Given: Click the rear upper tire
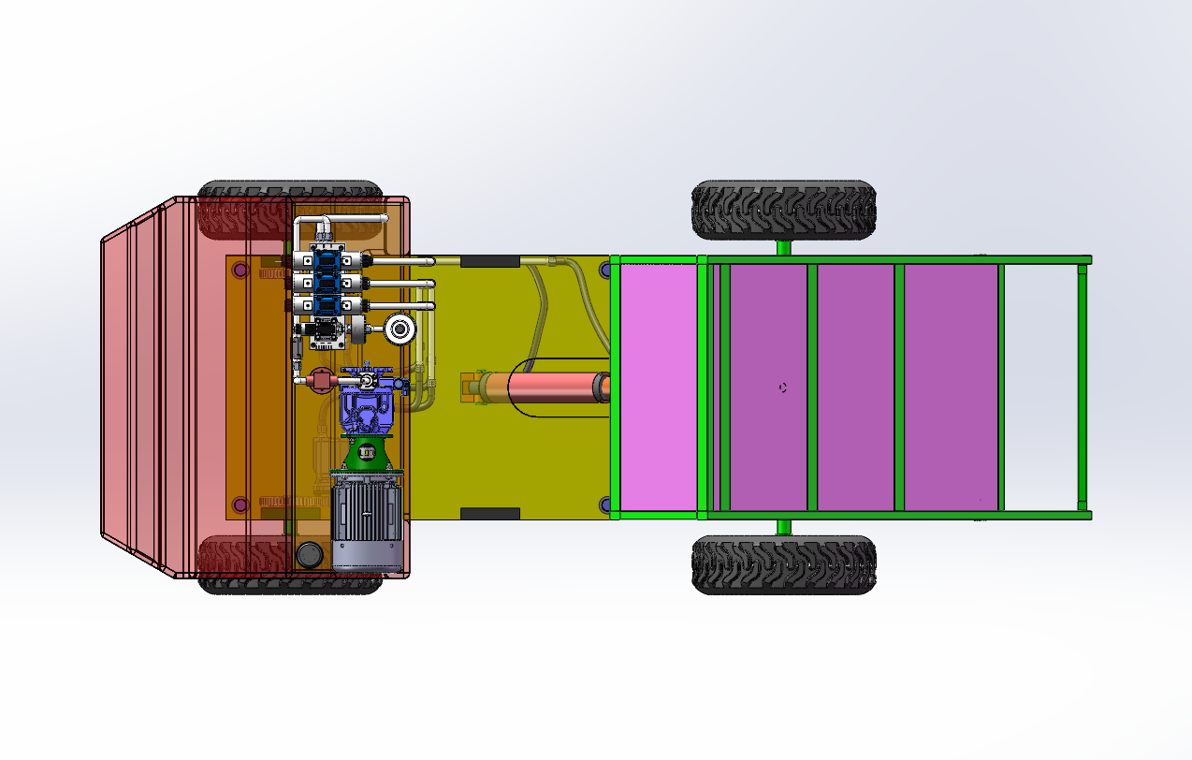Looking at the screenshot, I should coord(783,210).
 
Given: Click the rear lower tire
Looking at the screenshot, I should coord(783,564).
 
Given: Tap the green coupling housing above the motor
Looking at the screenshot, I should coord(367,454).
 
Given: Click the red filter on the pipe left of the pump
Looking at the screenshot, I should coord(320,380).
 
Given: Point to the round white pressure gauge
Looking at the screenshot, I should coord(401,329).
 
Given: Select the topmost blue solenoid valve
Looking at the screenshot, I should coord(327,259).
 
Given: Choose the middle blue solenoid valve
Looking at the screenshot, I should coord(327,283).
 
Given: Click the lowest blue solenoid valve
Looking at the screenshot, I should coord(327,305).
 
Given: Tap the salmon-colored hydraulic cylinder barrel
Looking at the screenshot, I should coord(555,387).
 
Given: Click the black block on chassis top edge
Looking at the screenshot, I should coord(489,260).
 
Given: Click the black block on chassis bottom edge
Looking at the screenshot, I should coord(489,513).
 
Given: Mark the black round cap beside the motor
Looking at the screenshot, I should coord(309,555).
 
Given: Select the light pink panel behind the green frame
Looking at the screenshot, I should coord(659,387).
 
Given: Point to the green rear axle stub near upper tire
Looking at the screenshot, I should coord(783,247).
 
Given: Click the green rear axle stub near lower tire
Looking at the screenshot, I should coord(783,526).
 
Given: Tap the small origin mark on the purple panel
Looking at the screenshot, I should coord(783,387).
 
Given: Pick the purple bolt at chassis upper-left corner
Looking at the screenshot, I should coord(240,270).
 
